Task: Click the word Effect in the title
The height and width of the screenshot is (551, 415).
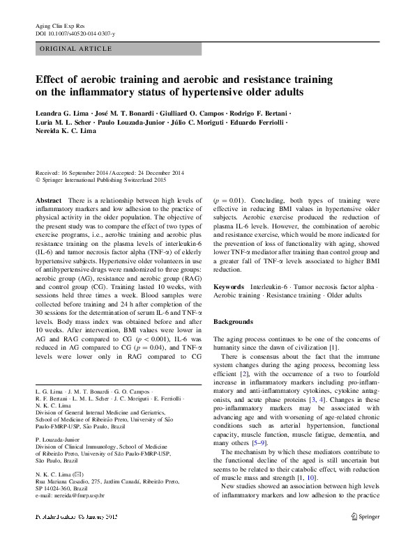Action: pyautogui.click(x=52, y=79)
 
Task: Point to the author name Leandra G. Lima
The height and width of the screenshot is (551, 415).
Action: pyautogui.click(x=61, y=113)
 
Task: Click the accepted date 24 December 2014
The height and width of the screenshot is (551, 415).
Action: pyautogui.click(x=158, y=173)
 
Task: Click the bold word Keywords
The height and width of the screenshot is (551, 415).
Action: pyautogui.click(x=228, y=287)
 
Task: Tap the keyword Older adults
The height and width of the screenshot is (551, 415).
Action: pyautogui.click(x=343, y=296)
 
